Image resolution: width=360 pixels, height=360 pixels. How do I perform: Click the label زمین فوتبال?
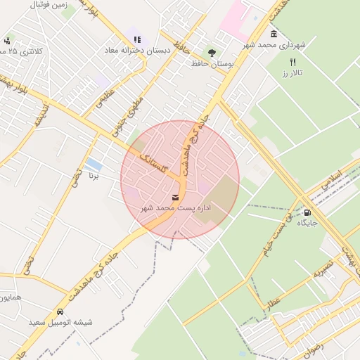[x=49, y=4]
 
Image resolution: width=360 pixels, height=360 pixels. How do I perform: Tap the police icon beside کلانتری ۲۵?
[x=8, y=41]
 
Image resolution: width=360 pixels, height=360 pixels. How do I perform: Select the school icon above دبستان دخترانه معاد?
[x=136, y=39]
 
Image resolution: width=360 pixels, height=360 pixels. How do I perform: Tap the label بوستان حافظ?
[x=212, y=64]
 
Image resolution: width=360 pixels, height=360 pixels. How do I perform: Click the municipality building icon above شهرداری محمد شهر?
[x=274, y=34]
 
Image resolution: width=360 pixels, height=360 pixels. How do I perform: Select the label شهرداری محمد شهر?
[x=275, y=45]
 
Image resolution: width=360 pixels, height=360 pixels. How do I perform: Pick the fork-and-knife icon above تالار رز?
[x=292, y=62]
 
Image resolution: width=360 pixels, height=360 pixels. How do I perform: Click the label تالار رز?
[x=292, y=73]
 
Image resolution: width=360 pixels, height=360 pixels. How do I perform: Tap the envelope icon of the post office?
[x=175, y=197]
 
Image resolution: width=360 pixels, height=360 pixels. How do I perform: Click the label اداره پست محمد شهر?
[x=175, y=208]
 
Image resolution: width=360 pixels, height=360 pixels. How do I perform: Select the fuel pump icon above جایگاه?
[x=307, y=212]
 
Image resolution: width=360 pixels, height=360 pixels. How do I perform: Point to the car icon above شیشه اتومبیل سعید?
[x=60, y=311]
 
